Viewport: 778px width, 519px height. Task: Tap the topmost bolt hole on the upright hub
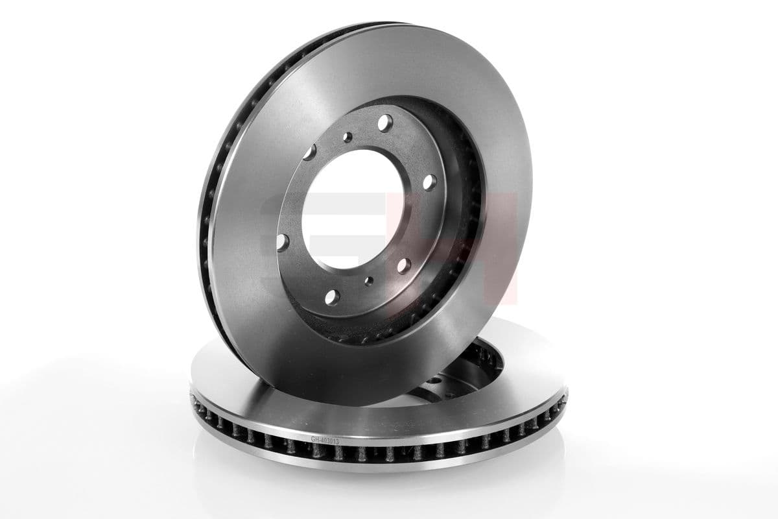(x=385, y=121)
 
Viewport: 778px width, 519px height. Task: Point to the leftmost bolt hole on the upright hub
(x=281, y=241)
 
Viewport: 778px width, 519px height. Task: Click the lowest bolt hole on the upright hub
(x=331, y=297)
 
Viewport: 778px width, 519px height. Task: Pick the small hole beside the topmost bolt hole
(x=348, y=137)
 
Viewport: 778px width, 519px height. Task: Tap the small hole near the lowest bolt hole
(x=369, y=281)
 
